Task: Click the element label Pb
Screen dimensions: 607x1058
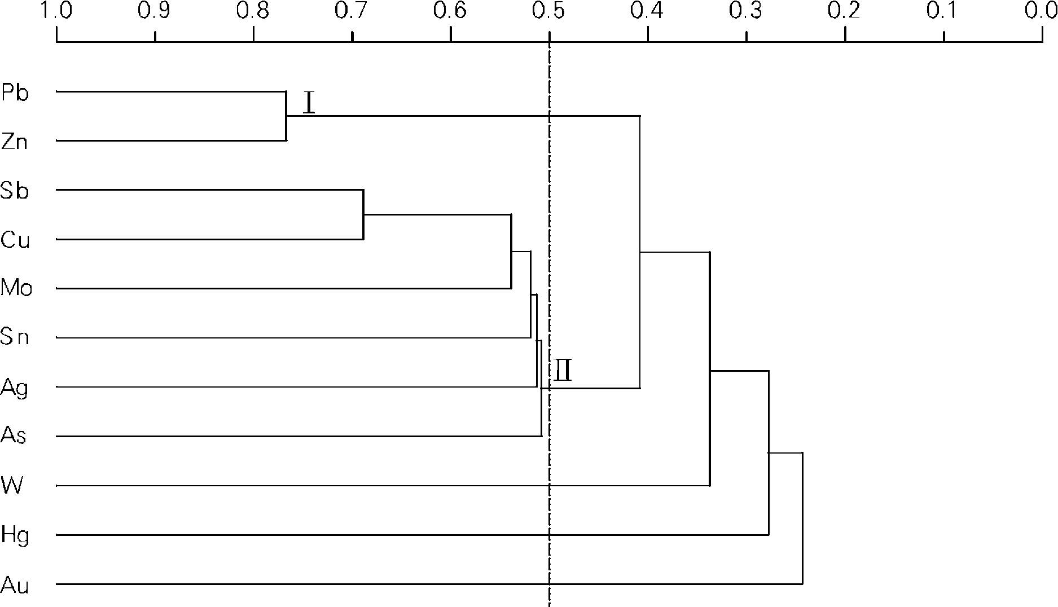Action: [x=15, y=93]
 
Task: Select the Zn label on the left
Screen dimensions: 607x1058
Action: [x=15, y=142]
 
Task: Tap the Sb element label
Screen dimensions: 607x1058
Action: [x=15, y=191]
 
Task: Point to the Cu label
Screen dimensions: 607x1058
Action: [x=15, y=240]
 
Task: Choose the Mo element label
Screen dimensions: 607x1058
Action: [x=16, y=288]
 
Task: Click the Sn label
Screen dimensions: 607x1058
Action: [x=15, y=337]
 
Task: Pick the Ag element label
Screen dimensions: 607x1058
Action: [x=15, y=388]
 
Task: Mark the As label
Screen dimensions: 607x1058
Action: [x=14, y=436]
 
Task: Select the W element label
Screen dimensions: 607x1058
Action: [x=12, y=485]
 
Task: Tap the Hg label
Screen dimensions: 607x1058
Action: [x=15, y=535]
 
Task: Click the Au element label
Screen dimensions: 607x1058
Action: [x=15, y=585]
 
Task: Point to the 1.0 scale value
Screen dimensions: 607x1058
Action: [x=56, y=11]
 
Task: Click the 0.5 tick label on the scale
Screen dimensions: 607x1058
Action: [x=549, y=11]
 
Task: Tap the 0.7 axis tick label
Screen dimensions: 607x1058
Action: [x=352, y=11]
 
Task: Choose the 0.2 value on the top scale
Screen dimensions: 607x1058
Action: [x=845, y=11]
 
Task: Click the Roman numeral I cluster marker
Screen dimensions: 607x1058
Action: [x=309, y=103]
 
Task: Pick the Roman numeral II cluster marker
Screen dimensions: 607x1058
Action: [x=563, y=371]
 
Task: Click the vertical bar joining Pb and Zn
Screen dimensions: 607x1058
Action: [x=286, y=116]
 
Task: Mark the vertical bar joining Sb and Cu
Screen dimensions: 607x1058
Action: [x=363, y=214]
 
